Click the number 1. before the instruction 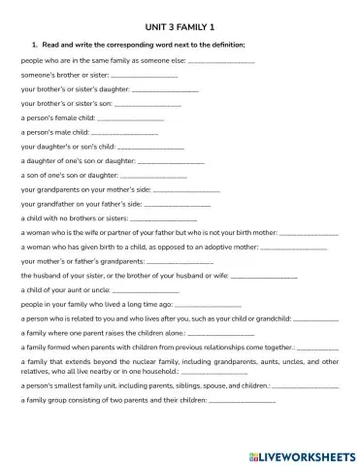point(36,44)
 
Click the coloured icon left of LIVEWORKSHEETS point(251,452)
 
